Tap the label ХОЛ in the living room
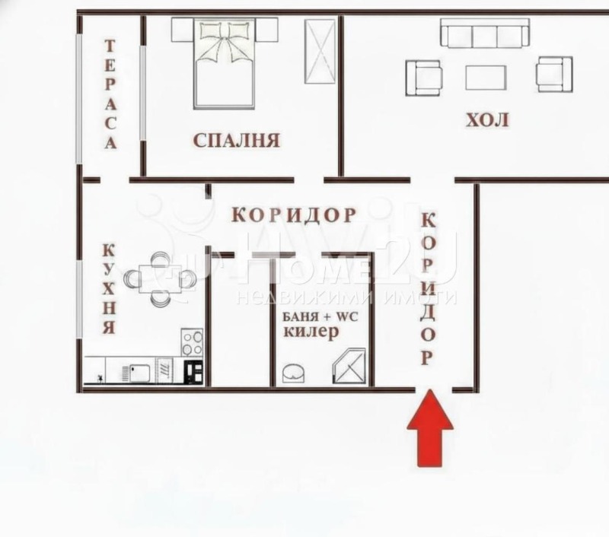(x=487, y=120)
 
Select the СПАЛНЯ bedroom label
(x=237, y=140)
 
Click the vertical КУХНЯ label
(x=109, y=290)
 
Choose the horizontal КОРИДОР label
(x=294, y=215)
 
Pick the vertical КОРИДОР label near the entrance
(x=429, y=289)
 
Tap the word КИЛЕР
(x=311, y=333)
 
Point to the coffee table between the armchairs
(x=486, y=77)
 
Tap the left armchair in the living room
(x=423, y=76)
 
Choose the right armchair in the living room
(x=553, y=74)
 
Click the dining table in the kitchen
(x=161, y=279)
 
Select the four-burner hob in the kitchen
(x=192, y=342)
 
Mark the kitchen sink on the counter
(x=139, y=372)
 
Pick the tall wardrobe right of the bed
(x=320, y=51)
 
